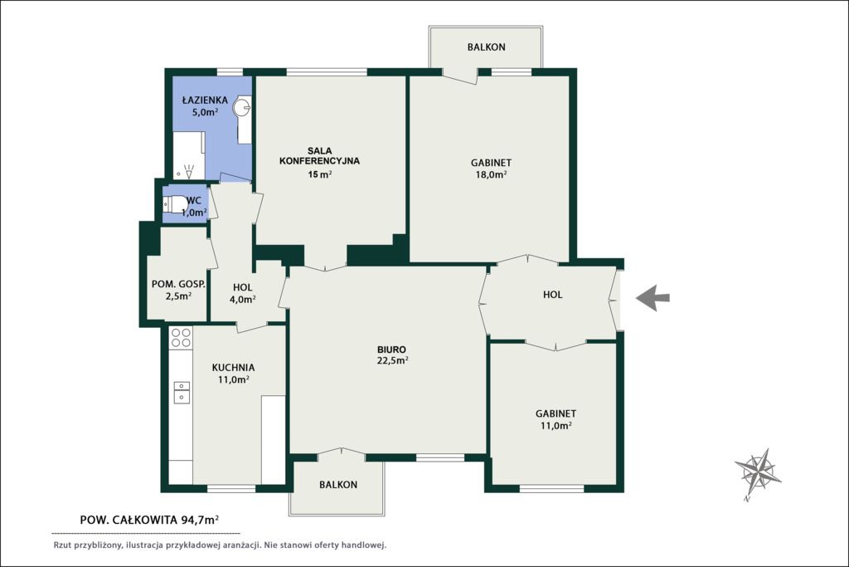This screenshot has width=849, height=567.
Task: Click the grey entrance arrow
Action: [x=653, y=297]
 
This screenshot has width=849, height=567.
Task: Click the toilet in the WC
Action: [x=174, y=205]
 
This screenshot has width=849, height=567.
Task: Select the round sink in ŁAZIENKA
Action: [x=242, y=107]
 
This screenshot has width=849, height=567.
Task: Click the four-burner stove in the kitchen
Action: [x=181, y=337]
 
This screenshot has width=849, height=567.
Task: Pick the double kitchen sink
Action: [x=182, y=392]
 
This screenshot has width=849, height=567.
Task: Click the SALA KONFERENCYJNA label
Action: [x=319, y=155]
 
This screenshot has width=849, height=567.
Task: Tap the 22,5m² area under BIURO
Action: [x=392, y=360]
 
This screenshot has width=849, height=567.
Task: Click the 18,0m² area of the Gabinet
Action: [x=491, y=174]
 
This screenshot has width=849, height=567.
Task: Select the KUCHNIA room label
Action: [x=233, y=367]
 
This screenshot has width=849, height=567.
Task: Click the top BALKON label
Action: [x=486, y=47]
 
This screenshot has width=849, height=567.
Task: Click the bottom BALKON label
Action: [x=338, y=485]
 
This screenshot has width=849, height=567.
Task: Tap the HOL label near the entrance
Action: [x=552, y=295]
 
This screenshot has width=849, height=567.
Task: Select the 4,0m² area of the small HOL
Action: [x=242, y=299]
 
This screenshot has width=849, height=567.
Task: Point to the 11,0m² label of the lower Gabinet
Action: [x=556, y=426]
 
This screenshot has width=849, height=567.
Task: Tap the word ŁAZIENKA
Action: [x=205, y=100]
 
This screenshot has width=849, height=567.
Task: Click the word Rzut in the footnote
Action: [x=61, y=545]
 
